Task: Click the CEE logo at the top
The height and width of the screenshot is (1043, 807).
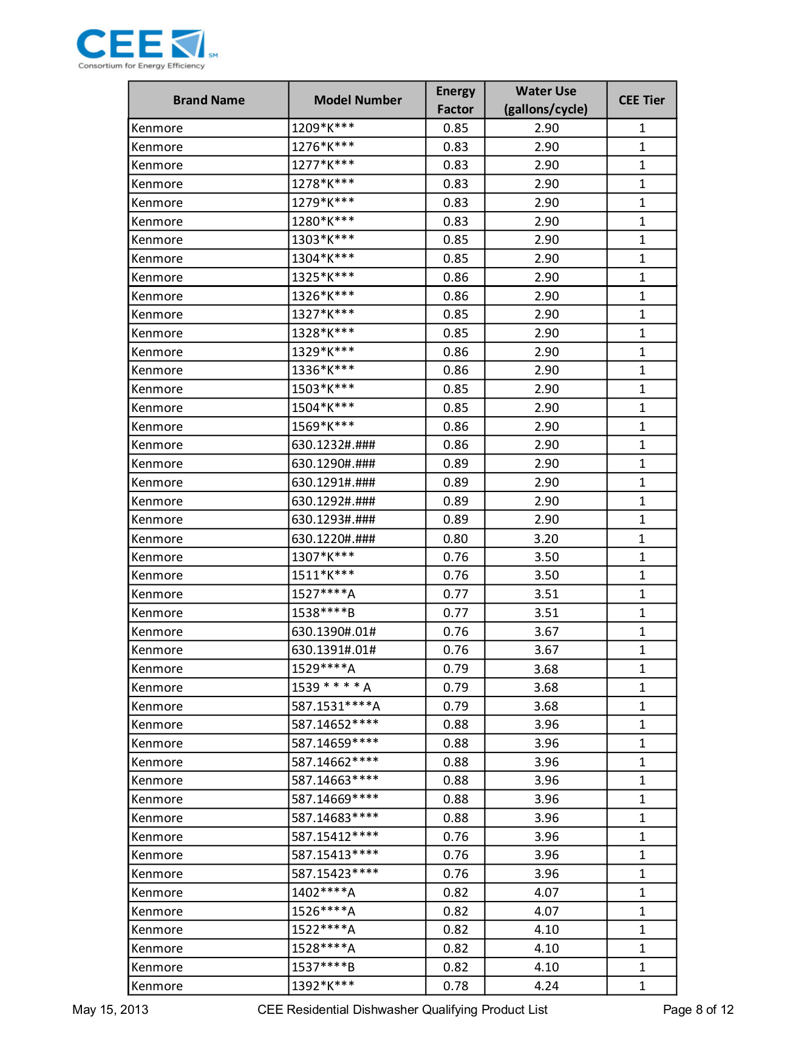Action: point(146,49)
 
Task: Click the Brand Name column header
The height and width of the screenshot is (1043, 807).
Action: point(208,100)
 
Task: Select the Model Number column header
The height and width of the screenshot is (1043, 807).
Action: point(358,100)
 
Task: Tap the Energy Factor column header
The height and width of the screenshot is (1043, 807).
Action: point(455,100)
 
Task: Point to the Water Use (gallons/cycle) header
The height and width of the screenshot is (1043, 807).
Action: point(546,100)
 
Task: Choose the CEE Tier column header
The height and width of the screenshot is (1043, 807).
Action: point(641,100)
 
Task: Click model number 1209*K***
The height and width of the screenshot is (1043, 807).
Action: point(323,128)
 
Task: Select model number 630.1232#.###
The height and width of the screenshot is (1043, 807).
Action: point(333,445)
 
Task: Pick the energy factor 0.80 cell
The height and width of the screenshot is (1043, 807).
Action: point(455,539)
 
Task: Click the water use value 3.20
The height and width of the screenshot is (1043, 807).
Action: point(547,539)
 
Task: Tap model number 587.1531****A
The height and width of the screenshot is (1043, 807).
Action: point(336,706)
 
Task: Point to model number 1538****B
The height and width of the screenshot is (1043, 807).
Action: point(323,613)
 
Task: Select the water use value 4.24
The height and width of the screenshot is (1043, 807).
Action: point(547,986)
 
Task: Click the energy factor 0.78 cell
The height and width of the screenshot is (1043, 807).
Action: point(455,986)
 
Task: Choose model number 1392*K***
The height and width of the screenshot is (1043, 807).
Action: point(323,986)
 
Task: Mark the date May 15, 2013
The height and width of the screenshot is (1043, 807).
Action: point(110,1010)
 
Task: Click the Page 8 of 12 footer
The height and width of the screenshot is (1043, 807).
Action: point(698,1010)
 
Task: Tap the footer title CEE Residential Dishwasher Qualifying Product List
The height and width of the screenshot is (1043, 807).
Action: point(402,1010)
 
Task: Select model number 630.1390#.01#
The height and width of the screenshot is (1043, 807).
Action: point(333,632)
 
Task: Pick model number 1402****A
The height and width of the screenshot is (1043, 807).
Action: point(323,893)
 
